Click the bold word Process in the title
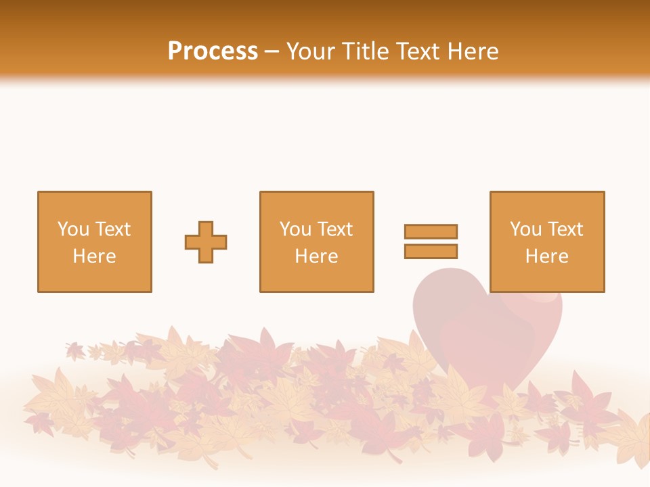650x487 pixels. click(213, 51)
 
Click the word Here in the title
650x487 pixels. click(473, 51)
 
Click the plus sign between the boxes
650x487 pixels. click(206, 242)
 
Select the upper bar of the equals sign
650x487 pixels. click(431, 231)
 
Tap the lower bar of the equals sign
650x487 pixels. click(431, 252)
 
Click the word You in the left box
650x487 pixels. click(72, 229)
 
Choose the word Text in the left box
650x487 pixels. click(112, 229)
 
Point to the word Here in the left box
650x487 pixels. click(94, 256)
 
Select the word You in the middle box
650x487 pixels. click(295, 229)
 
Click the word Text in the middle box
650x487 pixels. click(334, 229)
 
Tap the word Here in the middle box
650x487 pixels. click(316, 256)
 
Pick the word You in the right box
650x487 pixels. click(525, 229)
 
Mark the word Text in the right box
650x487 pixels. click(565, 229)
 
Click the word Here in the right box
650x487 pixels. click(546, 256)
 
